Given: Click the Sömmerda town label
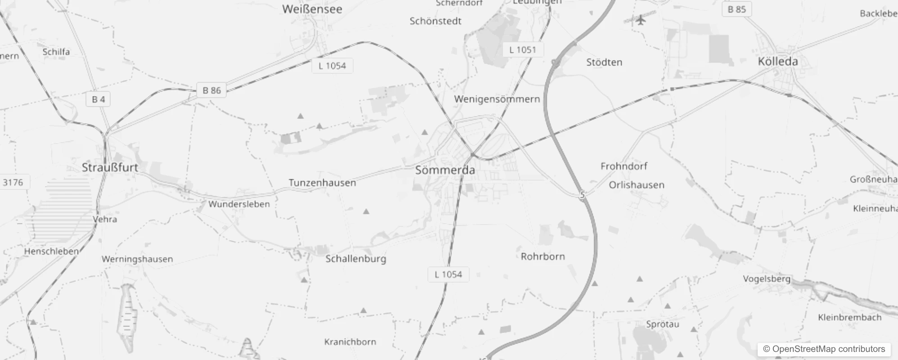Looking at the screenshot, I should [445, 170].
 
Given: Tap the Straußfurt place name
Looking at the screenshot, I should [110, 167].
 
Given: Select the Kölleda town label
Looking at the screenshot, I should [777, 62].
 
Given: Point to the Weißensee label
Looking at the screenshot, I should [312, 9].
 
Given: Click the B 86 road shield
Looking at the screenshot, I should [211, 90].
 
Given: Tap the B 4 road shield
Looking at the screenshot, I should [98, 99].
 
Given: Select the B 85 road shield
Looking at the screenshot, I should [736, 9].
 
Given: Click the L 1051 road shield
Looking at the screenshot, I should [522, 50].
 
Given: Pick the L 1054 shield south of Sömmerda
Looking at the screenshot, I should [448, 274].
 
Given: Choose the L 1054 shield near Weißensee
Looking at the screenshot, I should [332, 66].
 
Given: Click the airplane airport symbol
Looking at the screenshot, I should [641, 20].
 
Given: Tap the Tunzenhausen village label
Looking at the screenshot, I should [322, 183].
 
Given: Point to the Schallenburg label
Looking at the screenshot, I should [355, 259].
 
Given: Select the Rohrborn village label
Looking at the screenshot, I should [543, 256].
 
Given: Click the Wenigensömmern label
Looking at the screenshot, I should [497, 99].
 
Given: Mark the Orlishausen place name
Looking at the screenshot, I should [636, 185].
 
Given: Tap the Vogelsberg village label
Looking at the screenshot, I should [766, 279].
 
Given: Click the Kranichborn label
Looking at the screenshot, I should [350, 342].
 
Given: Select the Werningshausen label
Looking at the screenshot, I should [137, 259].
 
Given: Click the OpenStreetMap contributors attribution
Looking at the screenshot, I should [824, 349].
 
